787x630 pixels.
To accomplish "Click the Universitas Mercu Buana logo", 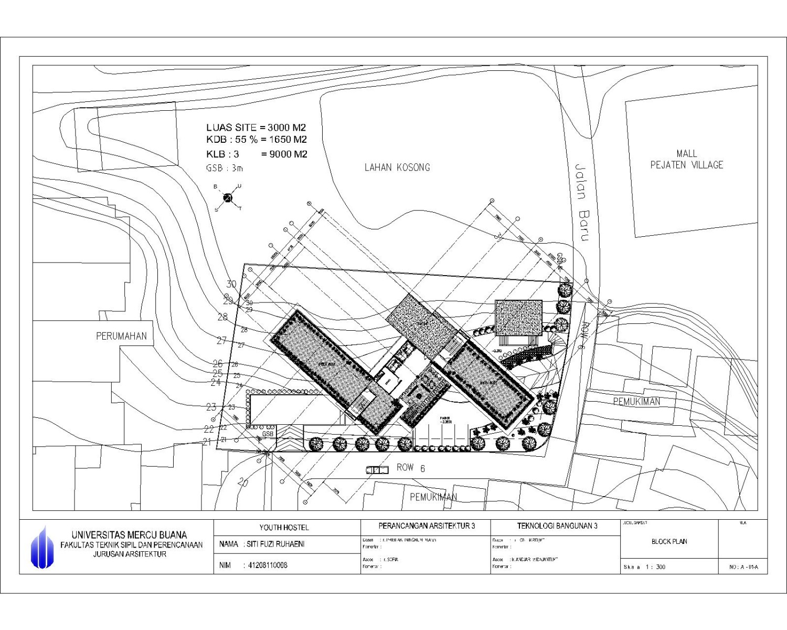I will [x=42, y=548].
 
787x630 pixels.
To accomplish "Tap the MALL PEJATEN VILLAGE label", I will [x=686, y=159].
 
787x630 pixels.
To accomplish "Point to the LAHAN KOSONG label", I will [x=397, y=167].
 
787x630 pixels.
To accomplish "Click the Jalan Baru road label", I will [x=581, y=202].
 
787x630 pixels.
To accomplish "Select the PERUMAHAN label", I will [x=121, y=336].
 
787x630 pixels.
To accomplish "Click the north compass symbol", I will [x=228, y=198].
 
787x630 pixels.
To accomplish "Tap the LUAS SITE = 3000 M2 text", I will [x=256, y=128].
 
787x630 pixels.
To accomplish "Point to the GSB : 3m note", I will [x=225, y=169].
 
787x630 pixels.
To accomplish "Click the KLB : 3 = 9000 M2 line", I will [x=256, y=154].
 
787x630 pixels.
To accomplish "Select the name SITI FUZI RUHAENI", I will [x=275, y=544].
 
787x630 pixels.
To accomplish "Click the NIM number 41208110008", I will [x=268, y=565].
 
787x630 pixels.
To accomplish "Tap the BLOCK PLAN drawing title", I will [x=669, y=541].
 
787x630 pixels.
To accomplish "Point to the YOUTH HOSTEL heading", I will [x=284, y=527].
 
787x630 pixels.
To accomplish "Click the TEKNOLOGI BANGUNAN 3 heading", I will [x=557, y=526].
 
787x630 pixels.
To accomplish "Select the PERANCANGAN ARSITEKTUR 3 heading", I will [x=427, y=526].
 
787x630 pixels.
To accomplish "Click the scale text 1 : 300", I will [x=656, y=567].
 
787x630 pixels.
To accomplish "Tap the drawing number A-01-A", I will [x=743, y=567].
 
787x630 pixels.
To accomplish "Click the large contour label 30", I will [x=231, y=284].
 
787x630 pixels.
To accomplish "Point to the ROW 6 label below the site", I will [x=410, y=467].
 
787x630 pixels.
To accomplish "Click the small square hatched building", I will [x=518, y=318].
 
